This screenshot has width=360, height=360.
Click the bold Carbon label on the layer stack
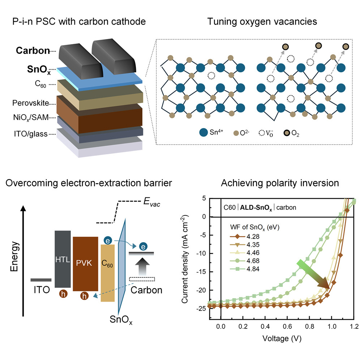(33, 51)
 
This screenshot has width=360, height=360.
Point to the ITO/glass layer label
(30, 134)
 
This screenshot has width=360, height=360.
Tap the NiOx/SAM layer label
(30, 119)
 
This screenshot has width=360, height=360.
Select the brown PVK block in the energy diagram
(85, 263)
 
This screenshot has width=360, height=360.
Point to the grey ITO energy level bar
(40, 279)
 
